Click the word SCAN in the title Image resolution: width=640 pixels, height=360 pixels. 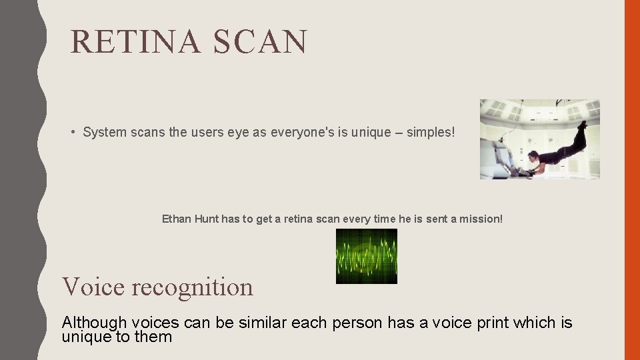[261, 41]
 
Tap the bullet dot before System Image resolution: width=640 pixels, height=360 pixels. [73, 132]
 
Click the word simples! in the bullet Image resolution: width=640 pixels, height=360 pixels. [432, 132]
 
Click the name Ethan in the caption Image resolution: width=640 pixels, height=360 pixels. [177, 219]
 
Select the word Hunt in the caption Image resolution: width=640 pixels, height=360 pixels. [206, 219]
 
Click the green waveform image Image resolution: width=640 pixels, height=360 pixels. [366, 256]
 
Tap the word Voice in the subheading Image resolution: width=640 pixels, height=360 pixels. [93, 287]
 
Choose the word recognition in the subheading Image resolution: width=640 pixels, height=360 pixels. [193, 287]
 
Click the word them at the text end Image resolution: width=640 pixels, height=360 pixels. [154, 337]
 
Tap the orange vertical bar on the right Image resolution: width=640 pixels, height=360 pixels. [631, 180]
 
